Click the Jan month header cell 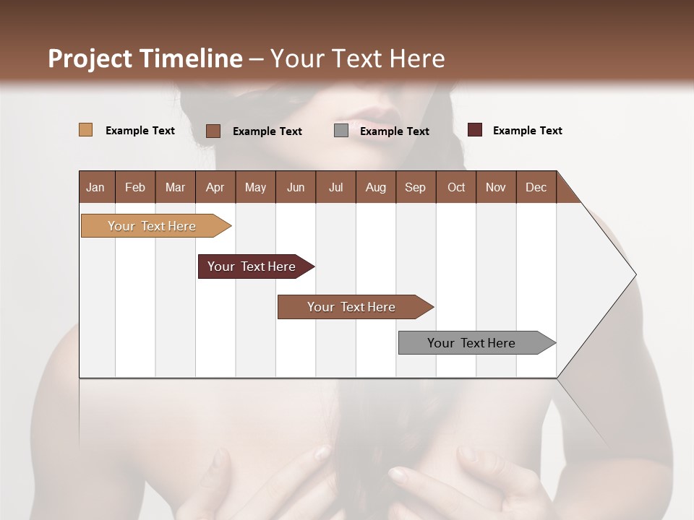tap(96, 187)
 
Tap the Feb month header tap(135, 187)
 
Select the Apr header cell tap(215, 187)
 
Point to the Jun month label tap(296, 187)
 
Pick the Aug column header tap(375, 187)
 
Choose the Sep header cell tap(415, 187)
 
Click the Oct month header tap(456, 187)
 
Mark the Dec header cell tap(536, 187)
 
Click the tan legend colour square tap(85, 130)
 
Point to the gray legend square tap(341, 131)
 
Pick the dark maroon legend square tap(474, 130)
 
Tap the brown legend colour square tap(213, 131)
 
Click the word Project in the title tap(90, 58)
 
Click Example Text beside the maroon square tap(527, 131)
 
